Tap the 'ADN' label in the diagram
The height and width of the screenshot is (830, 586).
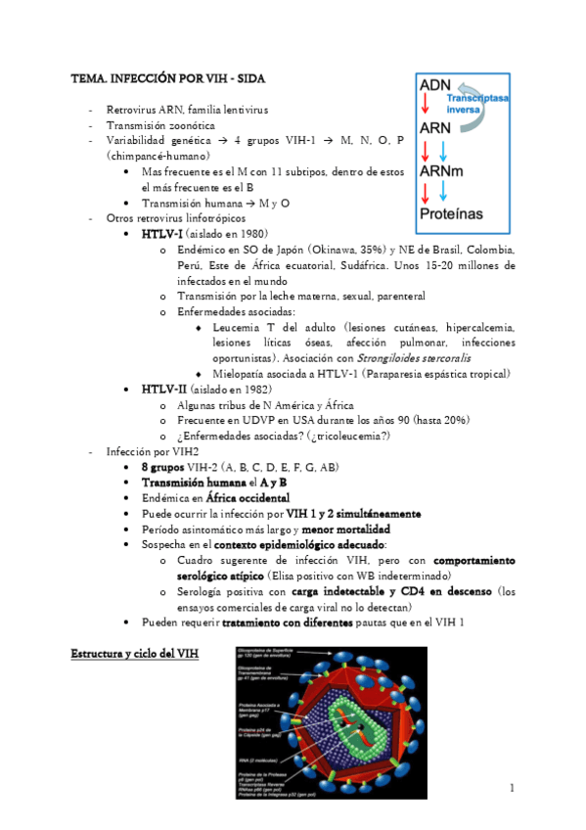434,86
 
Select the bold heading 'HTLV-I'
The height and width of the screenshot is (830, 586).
159,235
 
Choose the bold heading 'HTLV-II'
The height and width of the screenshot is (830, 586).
161,390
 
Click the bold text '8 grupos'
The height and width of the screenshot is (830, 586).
162,468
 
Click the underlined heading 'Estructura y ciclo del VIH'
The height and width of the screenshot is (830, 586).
135,652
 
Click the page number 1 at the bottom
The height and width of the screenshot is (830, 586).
511,788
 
